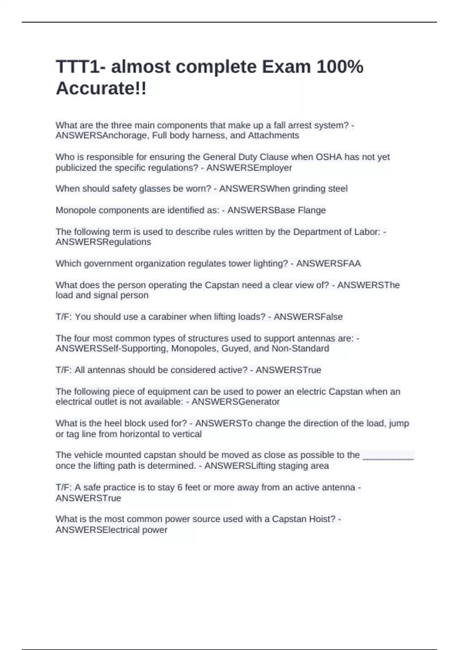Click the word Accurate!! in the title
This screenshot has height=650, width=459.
pyautogui.click(x=101, y=89)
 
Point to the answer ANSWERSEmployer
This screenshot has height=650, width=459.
pyautogui.click(x=249, y=168)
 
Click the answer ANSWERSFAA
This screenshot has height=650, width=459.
pyautogui.click(x=328, y=263)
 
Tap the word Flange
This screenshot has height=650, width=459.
pyautogui.click(x=312, y=210)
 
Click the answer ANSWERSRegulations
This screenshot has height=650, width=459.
pyautogui.click(x=103, y=242)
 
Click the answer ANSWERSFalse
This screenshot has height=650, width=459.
pyautogui.click(x=308, y=317)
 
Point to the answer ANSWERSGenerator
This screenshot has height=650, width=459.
pyautogui.click(x=236, y=402)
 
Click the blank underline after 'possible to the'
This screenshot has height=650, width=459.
pyautogui.click(x=388, y=455)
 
